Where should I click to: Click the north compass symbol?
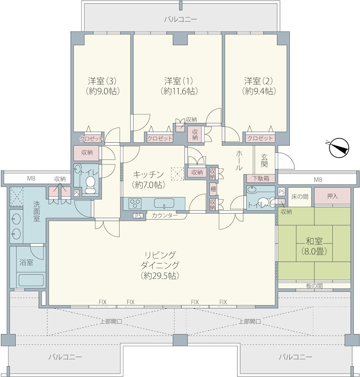(x=339, y=148)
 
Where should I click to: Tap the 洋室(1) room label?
(x=179, y=81)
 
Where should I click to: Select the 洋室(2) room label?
(x=259, y=81)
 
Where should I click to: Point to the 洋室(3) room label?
(x=102, y=81)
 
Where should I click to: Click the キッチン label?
(x=148, y=174)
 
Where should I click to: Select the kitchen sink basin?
(x=164, y=204)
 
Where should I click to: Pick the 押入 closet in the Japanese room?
(x=332, y=196)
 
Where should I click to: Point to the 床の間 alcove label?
(x=300, y=197)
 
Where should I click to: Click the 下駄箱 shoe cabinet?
(x=261, y=179)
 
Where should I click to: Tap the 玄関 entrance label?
(x=264, y=161)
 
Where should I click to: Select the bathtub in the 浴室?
(x=31, y=280)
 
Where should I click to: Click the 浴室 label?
(x=26, y=262)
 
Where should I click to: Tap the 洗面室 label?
(x=37, y=211)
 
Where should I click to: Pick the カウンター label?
(x=165, y=215)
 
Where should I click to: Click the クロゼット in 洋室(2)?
(x=260, y=139)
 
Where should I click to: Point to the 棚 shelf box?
(x=213, y=189)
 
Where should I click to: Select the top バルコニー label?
(x=180, y=19)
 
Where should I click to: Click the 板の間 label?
(x=314, y=286)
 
